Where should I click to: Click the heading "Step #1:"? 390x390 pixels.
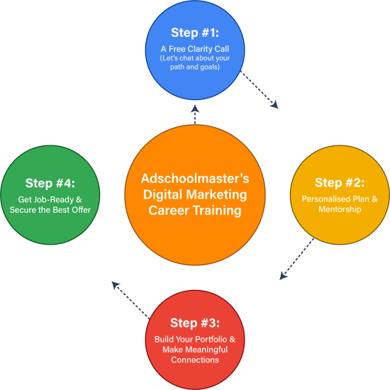pos(195,33)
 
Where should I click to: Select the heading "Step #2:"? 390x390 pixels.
pos(340,183)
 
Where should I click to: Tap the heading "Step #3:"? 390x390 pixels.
pos(195,324)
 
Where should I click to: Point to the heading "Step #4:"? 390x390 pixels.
pos(50,183)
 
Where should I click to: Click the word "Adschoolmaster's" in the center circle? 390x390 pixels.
pos(195,178)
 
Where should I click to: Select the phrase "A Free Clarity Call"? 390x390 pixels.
pos(195,48)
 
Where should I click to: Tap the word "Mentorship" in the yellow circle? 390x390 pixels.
pos(340,210)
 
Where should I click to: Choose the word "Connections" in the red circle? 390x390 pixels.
pos(195,360)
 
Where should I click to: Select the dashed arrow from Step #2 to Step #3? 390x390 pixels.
pos(296,259)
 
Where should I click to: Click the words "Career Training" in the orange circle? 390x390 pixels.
pos(195,211)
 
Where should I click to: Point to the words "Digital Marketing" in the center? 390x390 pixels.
pos(195,194)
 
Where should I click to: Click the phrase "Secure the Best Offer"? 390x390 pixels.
pos(50,210)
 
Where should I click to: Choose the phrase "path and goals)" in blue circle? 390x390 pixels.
pos(195,67)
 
